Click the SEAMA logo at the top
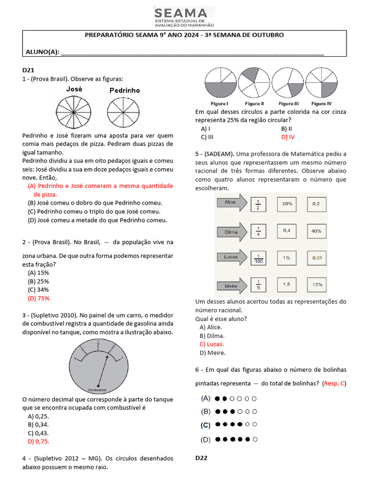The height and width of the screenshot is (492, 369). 184,17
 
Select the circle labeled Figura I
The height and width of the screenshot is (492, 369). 219,83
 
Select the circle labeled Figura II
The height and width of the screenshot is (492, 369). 254,83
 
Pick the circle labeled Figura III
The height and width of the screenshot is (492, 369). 288,83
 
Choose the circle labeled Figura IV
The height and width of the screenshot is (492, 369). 320,83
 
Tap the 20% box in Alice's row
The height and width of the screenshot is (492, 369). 287,204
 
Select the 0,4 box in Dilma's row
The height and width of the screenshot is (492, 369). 287,231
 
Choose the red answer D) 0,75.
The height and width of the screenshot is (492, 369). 38,441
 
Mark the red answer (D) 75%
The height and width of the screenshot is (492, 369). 38,298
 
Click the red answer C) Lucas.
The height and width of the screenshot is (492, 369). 211,344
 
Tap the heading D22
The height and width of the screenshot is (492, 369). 201,458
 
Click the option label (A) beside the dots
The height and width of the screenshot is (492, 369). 206,398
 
